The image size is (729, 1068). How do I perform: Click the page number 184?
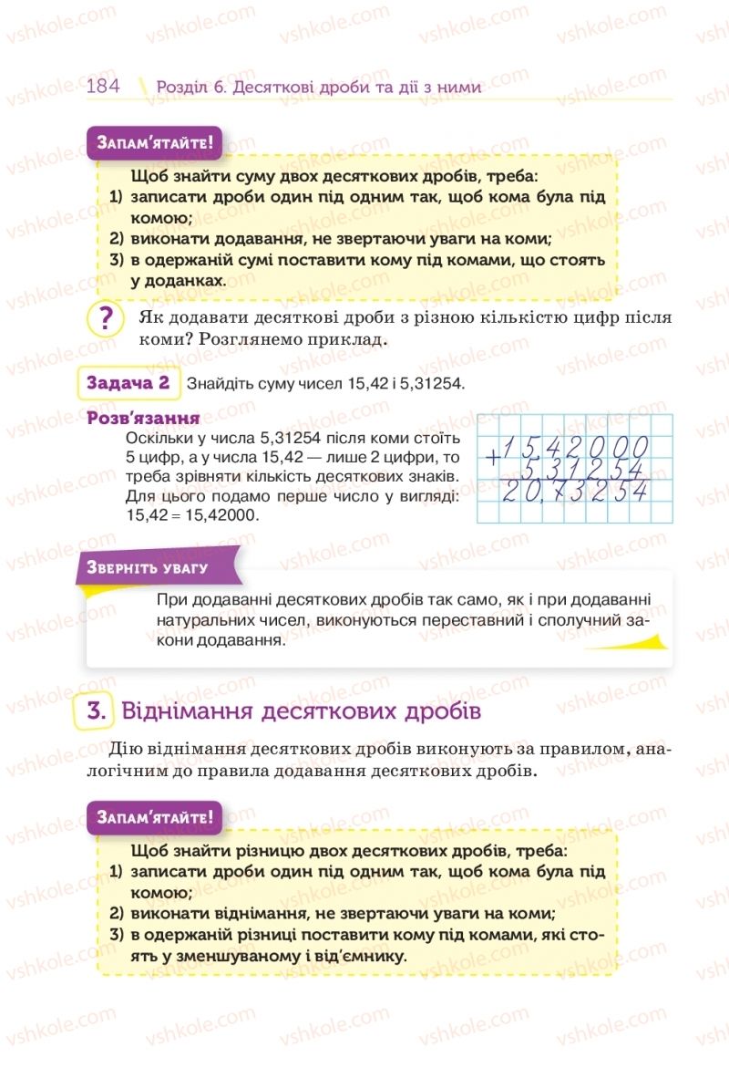pyautogui.click(x=103, y=87)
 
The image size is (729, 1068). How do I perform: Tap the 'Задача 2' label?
pyautogui.click(x=128, y=383)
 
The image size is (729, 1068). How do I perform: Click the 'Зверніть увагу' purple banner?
pyautogui.click(x=148, y=567)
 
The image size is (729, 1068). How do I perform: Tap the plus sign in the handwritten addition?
pyautogui.click(x=493, y=458)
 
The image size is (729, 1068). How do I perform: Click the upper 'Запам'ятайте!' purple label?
pyautogui.click(x=153, y=143)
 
